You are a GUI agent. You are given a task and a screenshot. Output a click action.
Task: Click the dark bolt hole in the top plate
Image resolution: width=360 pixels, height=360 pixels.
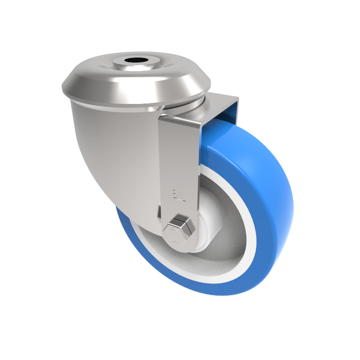[x=136, y=60]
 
